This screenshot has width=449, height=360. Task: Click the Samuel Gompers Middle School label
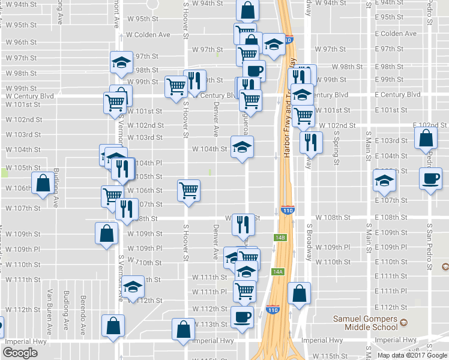(371, 323)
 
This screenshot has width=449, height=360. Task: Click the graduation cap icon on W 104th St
(242, 148)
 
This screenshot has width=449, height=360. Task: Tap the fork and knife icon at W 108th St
(243, 224)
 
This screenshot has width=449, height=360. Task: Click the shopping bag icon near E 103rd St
(425, 137)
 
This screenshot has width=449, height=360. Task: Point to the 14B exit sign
(278, 237)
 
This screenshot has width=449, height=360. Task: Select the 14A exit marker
(277, 272)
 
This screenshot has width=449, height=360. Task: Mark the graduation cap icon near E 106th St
(384, 179)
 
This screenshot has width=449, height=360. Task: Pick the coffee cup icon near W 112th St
(242, 316)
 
